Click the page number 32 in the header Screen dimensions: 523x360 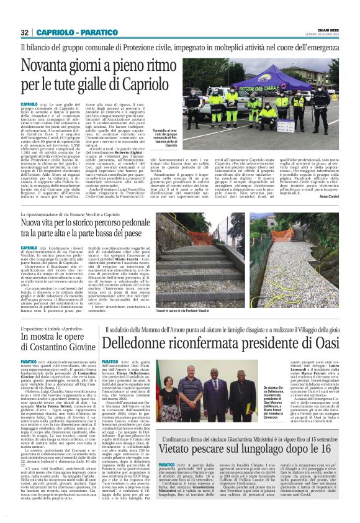[x=24, y=32]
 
